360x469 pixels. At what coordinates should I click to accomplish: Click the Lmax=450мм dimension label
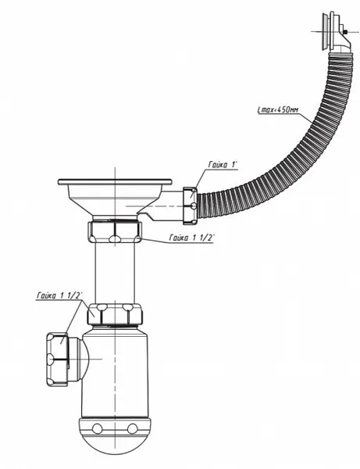pyautogui.click(x=277, y=109)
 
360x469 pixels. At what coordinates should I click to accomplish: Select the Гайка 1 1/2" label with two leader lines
pyautogui.click(x=59, y=295)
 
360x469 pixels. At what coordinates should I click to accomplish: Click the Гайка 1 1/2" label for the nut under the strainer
pyautogui.click(x=192, y=238)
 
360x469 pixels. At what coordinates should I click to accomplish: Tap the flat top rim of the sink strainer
pyautogui.click(x=115, y=181)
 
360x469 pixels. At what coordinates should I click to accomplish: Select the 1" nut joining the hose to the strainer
pyautogui.click(x=190, y=206)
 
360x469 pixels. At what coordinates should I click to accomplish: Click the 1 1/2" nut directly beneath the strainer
pyautogui.click(x=115, y=232)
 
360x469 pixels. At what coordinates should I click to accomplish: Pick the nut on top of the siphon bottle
pyautogui.click(x=115, y=314)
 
